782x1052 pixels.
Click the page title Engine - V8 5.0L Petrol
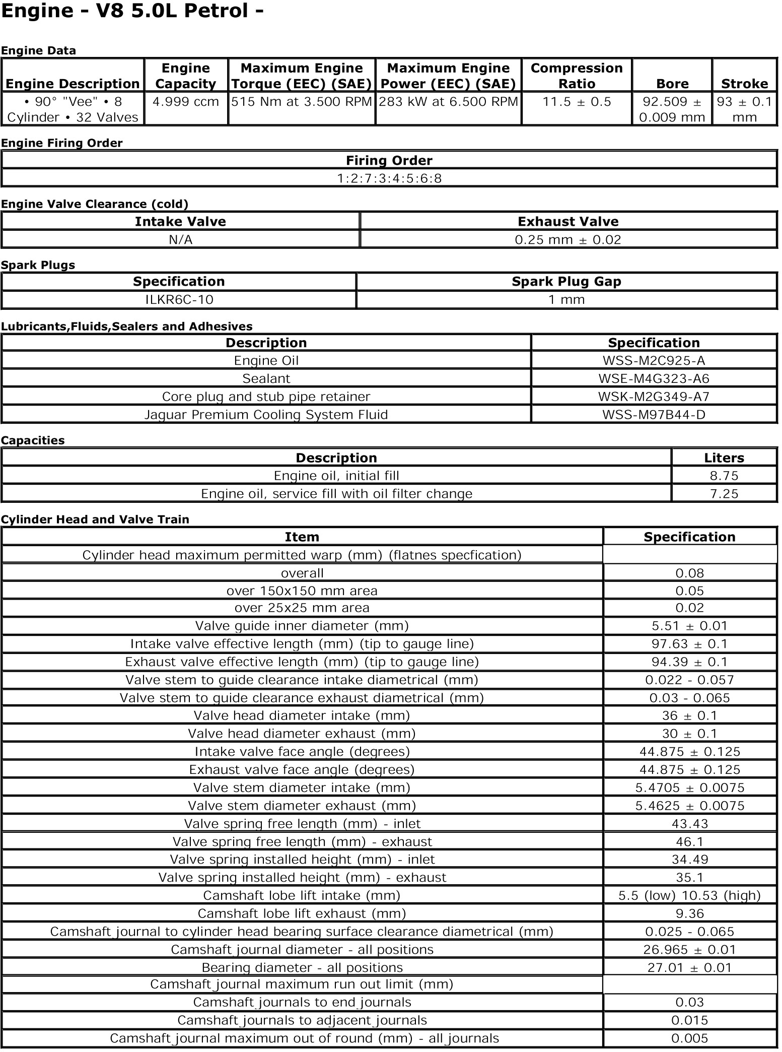[132, 11]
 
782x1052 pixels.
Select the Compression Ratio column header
[577, 76]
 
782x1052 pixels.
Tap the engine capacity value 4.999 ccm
[186, 102]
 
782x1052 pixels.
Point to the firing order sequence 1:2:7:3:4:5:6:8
[389, 178]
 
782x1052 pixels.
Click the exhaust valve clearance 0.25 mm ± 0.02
[568, 240]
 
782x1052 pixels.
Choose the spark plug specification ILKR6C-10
[179, 300]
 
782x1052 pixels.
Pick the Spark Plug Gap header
[566, 282]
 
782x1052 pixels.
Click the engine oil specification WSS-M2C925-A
[654, 361]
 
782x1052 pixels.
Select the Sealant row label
[266, 378]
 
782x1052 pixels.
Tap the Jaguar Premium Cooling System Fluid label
[266, 415]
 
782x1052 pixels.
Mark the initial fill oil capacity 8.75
[724, 476]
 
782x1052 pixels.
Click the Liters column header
[724, 458]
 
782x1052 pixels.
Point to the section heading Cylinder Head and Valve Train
[95, 519]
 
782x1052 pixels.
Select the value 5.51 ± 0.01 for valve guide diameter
[689, 626]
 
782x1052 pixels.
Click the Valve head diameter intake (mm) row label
[302, 716]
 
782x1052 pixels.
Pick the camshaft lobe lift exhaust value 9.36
[689, 913]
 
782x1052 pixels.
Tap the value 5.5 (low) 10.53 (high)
[689, 895]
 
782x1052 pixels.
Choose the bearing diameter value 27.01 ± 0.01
[689, 967]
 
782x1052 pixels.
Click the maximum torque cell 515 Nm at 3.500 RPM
[302, 102]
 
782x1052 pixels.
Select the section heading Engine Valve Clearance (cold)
[95, 204]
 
